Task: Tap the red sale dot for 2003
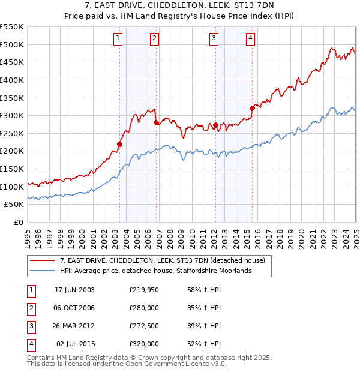120,144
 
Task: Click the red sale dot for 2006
156,122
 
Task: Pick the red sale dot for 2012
215,125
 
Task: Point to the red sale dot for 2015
252,108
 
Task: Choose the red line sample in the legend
43,260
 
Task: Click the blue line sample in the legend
43,271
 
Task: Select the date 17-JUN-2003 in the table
74,290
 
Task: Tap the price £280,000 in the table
143,308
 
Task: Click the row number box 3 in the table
31,326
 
